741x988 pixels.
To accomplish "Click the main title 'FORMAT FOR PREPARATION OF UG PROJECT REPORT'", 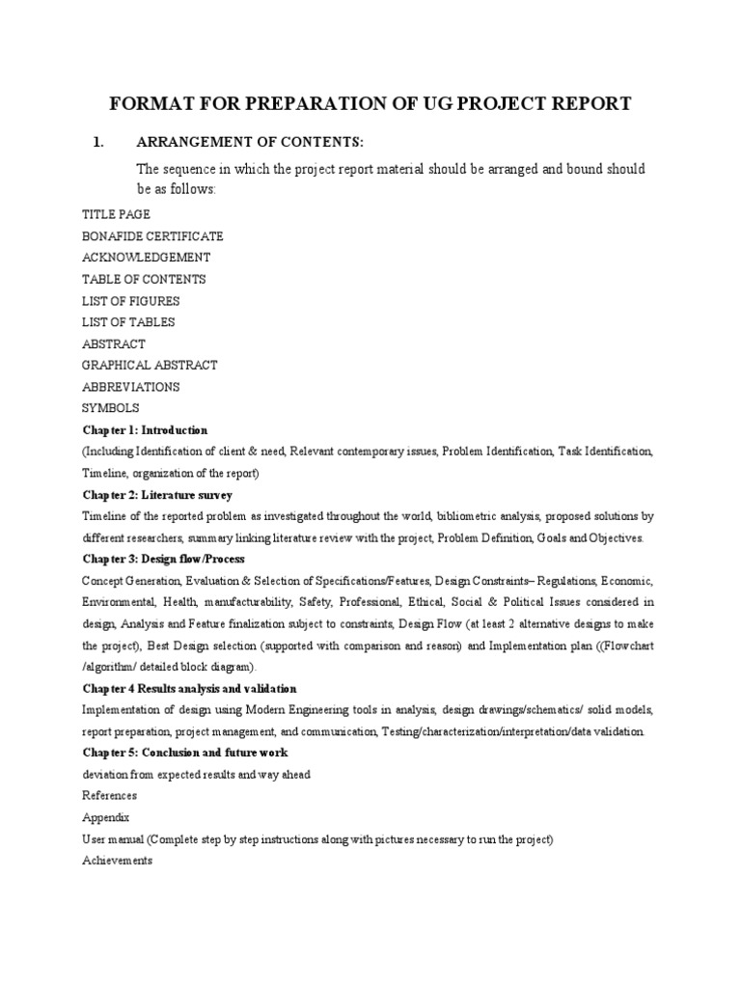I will click(370, 104).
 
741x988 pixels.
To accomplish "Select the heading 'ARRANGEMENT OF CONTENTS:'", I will click(249, 143).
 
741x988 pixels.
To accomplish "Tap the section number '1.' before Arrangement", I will click(97, 143).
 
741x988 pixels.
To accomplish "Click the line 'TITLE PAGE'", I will click(116, 214).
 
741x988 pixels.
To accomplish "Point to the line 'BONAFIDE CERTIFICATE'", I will click(152, 235).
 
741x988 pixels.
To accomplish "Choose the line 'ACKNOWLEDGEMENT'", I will click(146, 258).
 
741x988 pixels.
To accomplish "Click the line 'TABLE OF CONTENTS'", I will click(144, 279).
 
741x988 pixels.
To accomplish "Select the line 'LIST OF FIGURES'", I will click(131, 301).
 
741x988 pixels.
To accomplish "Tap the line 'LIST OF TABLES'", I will click(128, 322).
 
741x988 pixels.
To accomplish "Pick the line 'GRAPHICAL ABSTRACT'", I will click(150, 365).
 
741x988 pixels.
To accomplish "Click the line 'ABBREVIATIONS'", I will click(131, 387).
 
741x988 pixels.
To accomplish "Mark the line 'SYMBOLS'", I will click(111, 408).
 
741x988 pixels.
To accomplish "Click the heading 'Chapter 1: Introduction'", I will click(145, 430).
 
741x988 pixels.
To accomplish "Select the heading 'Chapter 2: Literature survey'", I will click(157, 495).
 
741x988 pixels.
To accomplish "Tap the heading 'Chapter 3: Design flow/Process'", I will click(163, 560).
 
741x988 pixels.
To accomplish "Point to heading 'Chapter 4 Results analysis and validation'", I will click(189, 689).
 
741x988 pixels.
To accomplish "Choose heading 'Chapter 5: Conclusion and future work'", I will click(184, 753).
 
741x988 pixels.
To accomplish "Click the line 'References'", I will click(109, 796).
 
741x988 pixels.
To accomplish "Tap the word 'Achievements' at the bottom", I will click(117, 861).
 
